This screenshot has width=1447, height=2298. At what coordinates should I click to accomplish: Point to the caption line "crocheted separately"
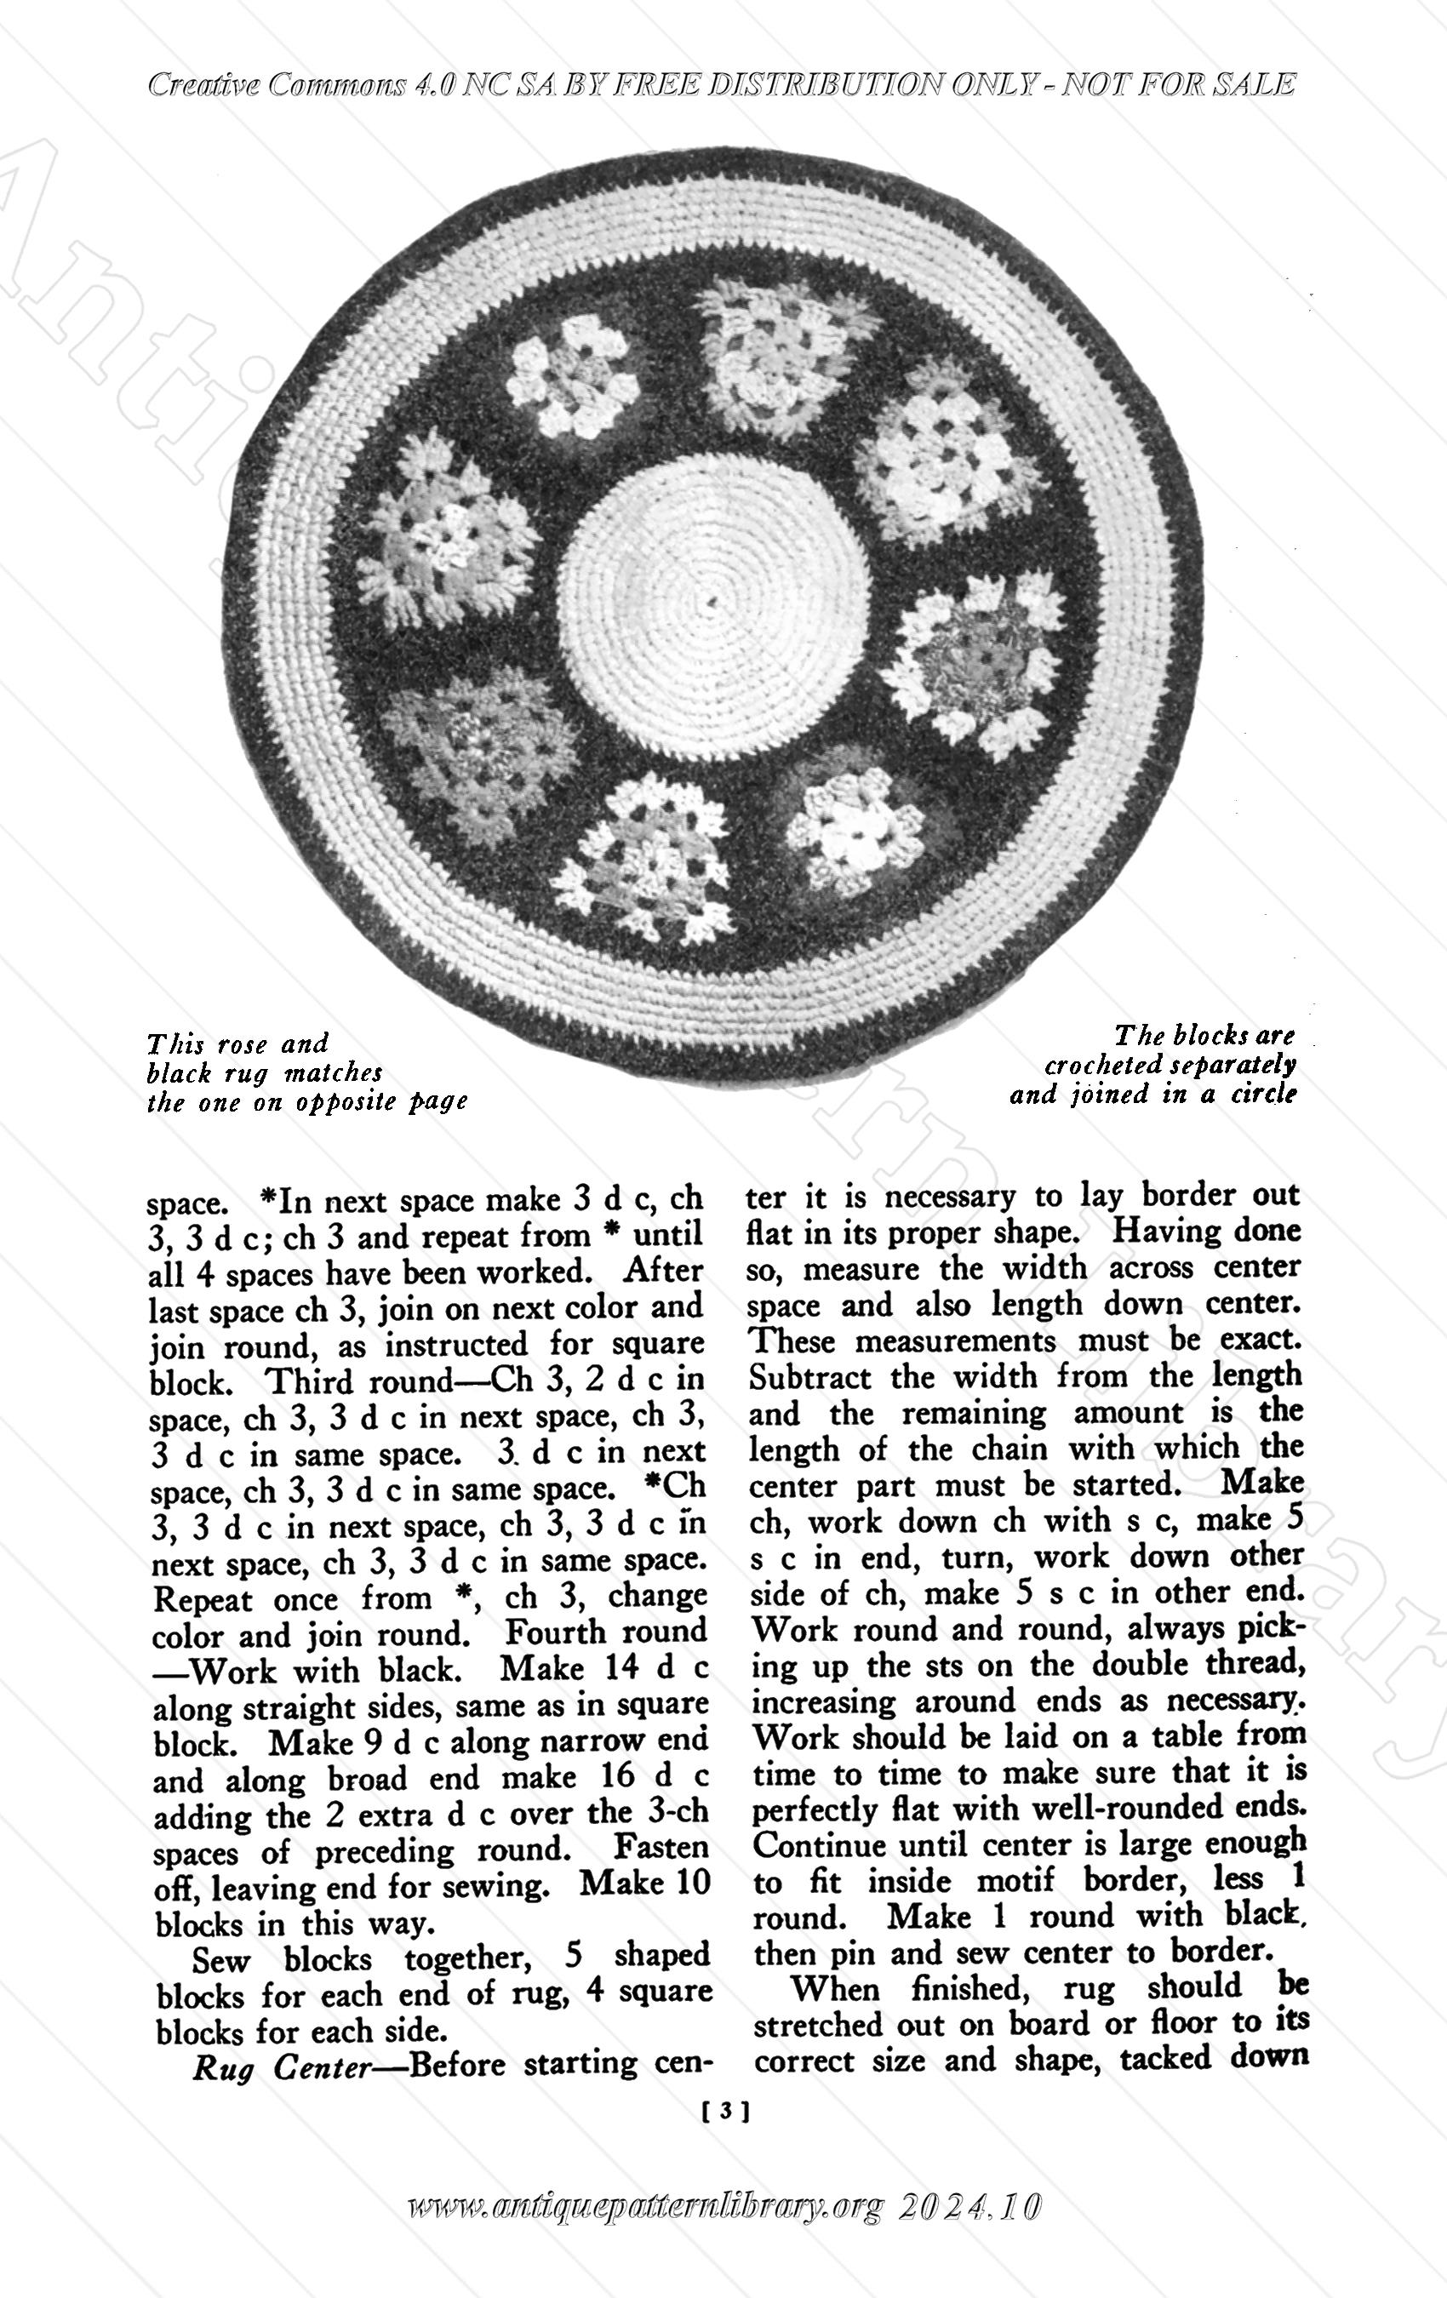[1170, 1064]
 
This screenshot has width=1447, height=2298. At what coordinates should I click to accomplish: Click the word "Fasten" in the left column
[661, 1849]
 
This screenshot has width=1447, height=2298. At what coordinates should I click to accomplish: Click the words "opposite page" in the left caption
[382, 1102]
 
